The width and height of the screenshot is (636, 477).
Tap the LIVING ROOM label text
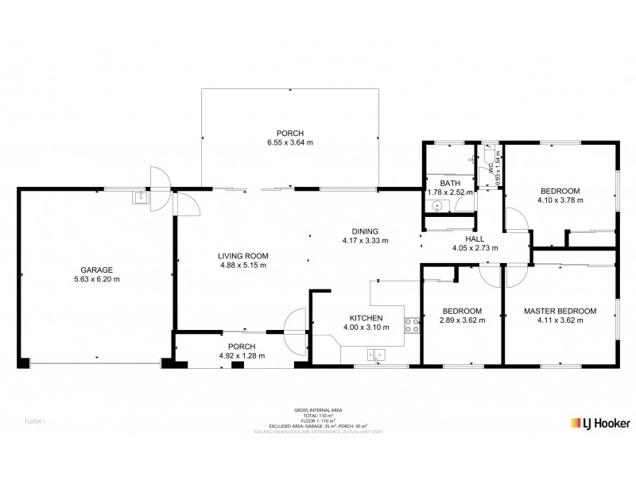243,255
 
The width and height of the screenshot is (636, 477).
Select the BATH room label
439,182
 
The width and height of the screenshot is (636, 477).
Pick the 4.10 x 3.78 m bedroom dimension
560,200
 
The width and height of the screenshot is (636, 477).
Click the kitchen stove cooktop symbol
413,324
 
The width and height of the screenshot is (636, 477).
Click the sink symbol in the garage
140,196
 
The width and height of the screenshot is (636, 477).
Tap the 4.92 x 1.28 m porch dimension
241,355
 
